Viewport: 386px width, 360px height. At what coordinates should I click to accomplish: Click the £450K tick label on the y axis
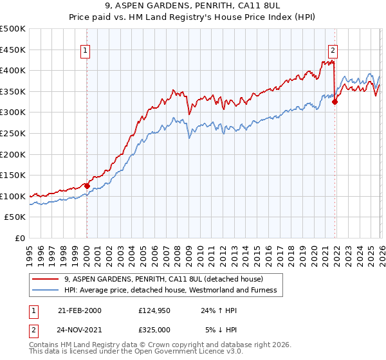coord(13,50)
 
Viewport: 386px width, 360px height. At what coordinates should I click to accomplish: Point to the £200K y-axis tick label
coord(13,154)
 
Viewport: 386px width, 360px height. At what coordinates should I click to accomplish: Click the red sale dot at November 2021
coord(335,102)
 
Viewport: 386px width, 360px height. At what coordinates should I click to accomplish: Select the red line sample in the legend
coord(46,279)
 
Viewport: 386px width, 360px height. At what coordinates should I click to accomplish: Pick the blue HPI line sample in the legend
coord(46,290)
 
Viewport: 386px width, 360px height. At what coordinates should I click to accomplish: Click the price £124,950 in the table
coord(153,310)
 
